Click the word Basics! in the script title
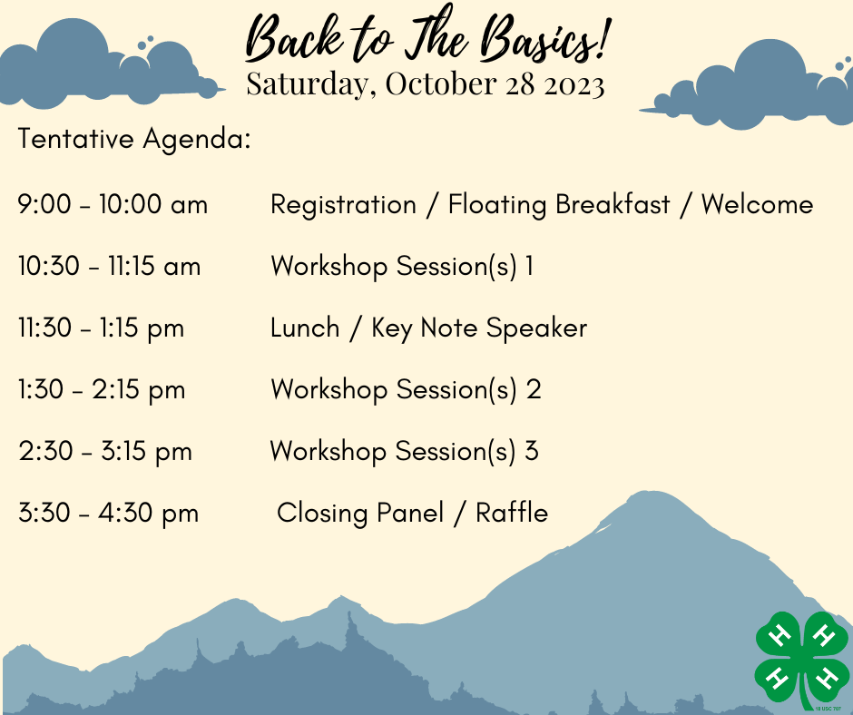point(546,38)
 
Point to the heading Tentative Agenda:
point(134,139)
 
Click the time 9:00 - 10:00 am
point(113,204)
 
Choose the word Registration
point(343,206)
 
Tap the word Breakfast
point(613,204)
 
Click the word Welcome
point(757,204)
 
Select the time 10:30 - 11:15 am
point(109,267)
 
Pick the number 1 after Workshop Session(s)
point(529,266)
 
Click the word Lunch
point(305,328)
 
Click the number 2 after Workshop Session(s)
point(534,389)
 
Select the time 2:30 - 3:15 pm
point(105,452)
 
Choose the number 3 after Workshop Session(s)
point(532,451)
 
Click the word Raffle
point(512,513)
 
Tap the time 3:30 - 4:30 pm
point(108,514)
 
